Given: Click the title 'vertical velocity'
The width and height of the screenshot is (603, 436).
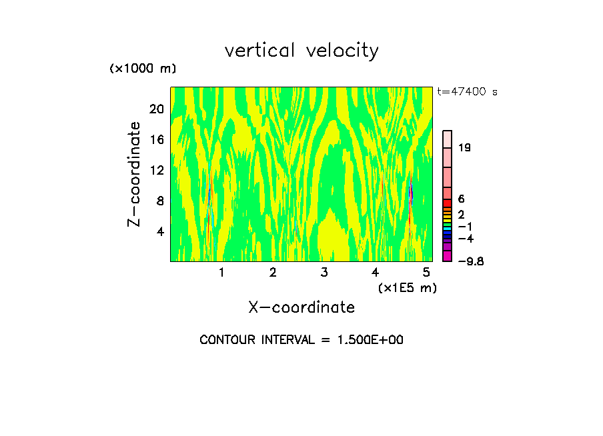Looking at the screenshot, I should pos(301,51).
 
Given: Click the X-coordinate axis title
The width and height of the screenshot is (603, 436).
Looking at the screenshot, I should pos(301,307).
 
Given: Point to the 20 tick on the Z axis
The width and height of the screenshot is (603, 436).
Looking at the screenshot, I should pos(156,109).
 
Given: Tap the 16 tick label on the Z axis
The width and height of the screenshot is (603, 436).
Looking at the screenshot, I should pos(156,139).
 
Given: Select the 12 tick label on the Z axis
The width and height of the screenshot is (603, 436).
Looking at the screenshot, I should pos(156,170).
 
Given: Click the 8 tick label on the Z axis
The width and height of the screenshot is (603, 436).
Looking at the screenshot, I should pos(159,201).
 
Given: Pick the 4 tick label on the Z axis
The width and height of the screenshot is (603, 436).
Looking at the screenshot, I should pos(159,231).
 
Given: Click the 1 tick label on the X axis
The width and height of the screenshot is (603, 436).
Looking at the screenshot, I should pos(221,273).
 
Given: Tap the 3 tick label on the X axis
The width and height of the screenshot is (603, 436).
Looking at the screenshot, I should pos(324,273).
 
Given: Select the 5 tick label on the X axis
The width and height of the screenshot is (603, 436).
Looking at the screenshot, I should pos(426,273).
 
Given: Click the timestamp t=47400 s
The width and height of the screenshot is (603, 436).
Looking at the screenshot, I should pos(467,92).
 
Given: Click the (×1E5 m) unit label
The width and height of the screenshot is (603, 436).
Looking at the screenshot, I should pos(408,287).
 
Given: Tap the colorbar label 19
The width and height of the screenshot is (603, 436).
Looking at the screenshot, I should pos(465,147).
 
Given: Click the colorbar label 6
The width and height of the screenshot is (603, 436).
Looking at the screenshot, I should pos(461,199).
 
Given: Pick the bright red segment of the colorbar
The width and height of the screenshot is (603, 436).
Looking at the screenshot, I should pos(448,203).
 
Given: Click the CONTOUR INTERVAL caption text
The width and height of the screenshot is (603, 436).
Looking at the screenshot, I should pos(301,340).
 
